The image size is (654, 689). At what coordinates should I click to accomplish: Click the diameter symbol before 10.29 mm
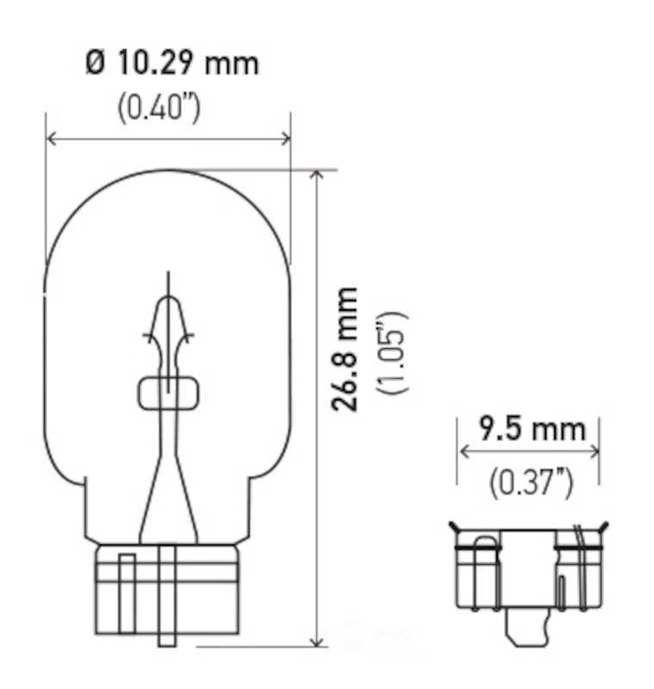point(96,63)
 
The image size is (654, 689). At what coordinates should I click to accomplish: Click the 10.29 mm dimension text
point(185,63)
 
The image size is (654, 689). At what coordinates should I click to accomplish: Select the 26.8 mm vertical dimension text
point(347,349)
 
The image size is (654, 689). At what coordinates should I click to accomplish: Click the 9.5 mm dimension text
point(533,428)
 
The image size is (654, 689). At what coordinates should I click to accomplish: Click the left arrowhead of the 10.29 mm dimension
point(50,139)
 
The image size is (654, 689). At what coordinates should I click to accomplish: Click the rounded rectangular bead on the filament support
point(166,392)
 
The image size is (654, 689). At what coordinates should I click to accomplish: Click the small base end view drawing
point(526,577)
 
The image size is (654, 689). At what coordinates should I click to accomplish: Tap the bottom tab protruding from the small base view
point(526,632)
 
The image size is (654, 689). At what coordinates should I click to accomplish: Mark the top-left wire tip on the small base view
point(452,525)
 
